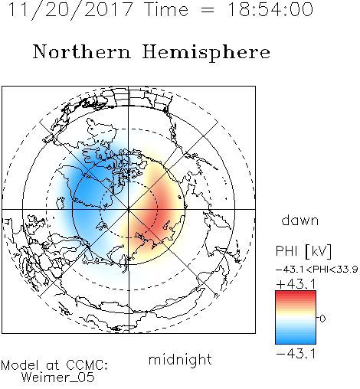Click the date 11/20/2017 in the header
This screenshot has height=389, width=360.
[70, 9]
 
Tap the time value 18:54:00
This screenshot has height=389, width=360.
[270, 9]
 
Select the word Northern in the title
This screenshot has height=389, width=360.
[82, 51]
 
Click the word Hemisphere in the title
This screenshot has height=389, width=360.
[206, 53]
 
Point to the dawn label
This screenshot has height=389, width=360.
[300, 220]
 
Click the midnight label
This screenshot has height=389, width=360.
[180, 359]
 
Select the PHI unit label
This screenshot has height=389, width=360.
[286, 251]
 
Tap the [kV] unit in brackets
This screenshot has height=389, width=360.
[319, 251]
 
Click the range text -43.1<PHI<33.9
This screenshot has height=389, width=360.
[317, 270]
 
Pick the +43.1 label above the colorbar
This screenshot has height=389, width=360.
[296, 284]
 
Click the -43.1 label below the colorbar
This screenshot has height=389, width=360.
[296, 354]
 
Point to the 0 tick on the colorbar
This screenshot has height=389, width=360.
[322, 319]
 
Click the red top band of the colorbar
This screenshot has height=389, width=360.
[296, 294]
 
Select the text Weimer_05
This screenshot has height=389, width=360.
[58, 378]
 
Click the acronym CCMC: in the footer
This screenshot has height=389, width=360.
[87, 365]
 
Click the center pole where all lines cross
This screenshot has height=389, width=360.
[129, 210]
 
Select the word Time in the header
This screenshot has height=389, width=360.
[166, 9]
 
